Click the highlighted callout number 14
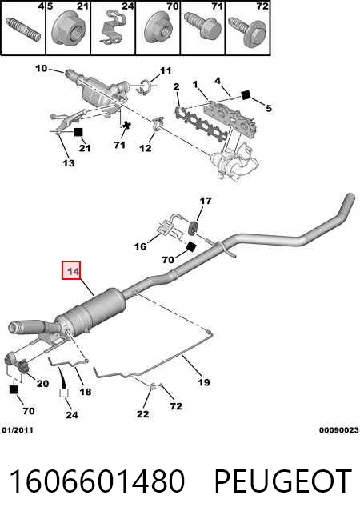pos(71,270)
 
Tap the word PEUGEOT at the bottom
pos(282,481)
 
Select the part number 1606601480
pos(97,481)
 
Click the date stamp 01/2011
pos(18,430)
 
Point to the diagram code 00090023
pos(339,430)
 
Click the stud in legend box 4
pos(23,30)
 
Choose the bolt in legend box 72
pos(247,32)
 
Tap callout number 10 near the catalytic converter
pos(42,69)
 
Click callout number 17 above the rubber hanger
pos(206,201)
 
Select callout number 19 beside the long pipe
pos(204,382)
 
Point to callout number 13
pos(68,163)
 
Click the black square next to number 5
pos(246,94)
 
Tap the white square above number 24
pos(64,393)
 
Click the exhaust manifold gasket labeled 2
pos(200,125)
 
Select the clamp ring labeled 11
pos(146,86)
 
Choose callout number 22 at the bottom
pos(142,414)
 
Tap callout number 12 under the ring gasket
pos(145,148)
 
